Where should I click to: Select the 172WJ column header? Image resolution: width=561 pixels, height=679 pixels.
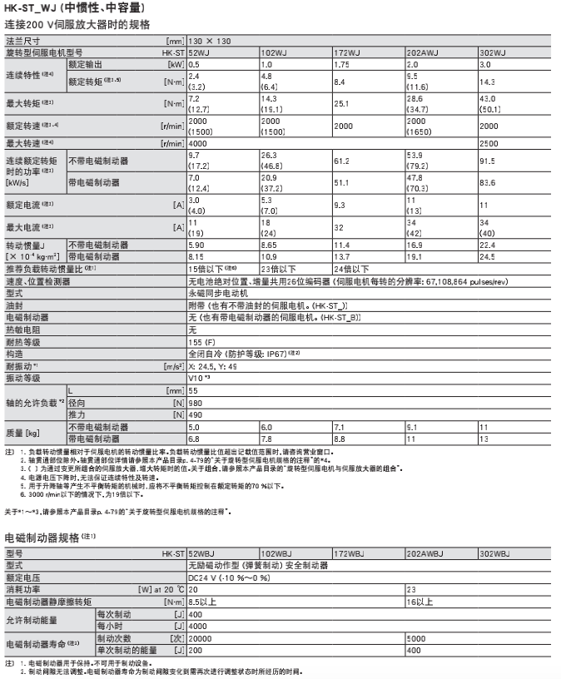click(347, 52)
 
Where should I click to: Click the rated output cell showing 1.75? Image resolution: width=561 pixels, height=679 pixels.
click(340, 64)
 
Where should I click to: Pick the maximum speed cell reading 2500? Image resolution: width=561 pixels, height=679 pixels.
click(490, 144)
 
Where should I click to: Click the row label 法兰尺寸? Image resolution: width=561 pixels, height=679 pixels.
click(22, 40)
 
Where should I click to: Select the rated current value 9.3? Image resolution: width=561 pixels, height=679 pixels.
click(339, 204)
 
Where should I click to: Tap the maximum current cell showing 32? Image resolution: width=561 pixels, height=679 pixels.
click(337, 226)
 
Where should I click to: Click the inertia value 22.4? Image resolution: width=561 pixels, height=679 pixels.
click(489, 245)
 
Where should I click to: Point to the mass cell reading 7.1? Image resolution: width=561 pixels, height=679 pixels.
click(338, 426)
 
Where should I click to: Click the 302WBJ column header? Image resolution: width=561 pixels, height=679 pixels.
click(496, 553)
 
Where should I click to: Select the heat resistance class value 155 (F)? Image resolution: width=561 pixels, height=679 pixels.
click(201, 342)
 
